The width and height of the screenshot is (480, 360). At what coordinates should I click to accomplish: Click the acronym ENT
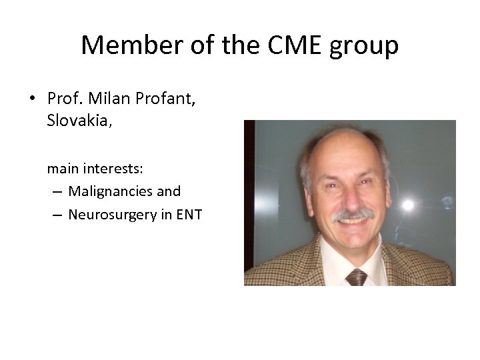coord(189,214)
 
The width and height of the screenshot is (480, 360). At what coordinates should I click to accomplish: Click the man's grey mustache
coord(353,215)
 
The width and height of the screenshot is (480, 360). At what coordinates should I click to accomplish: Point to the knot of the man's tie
coord(356,275)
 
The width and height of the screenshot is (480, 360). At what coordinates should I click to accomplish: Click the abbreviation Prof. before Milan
coord(63,99)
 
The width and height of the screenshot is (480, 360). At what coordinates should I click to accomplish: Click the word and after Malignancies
coord(169,191)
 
